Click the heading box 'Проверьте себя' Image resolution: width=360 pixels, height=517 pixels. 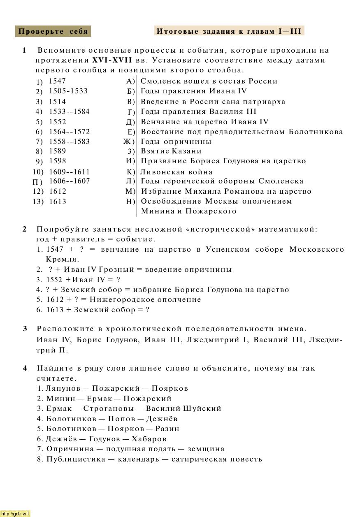click(x=53, y=32)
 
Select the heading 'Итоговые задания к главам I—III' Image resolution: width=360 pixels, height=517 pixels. click(x=229, y=31)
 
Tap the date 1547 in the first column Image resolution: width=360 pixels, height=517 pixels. click(x=57, y=81)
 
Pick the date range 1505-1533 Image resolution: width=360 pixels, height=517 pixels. click(x=68, y=91)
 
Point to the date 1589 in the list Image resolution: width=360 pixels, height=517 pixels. click(x=58, y=151)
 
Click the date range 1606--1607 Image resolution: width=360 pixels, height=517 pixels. click(x=70, y=181)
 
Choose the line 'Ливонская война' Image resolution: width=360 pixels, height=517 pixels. click(x=177, y=172)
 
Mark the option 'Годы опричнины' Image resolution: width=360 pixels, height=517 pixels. click(x=176, y=141)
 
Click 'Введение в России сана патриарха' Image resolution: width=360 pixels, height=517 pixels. click(x=213, y=102)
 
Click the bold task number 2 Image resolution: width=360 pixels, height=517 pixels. click(x=25, y=229)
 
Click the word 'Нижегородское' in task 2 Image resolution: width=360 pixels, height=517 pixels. click(x=116, y=299)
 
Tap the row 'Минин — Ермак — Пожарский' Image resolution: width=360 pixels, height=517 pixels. click(x=109, y=399)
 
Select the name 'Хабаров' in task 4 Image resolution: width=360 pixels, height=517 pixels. click(x=150, y=439)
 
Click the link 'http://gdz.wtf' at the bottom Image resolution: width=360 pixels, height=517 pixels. click(x=15, y=514)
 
